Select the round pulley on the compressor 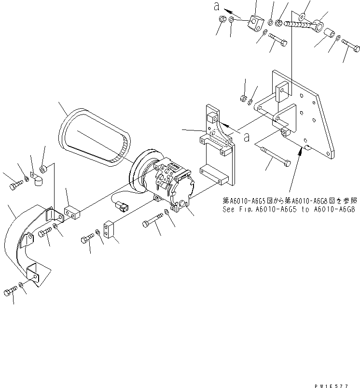[x=141, y=170]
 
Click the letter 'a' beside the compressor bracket [x=246, y=137]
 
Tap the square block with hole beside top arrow [x=255, y=23]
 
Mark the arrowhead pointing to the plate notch [x=302, y=152]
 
